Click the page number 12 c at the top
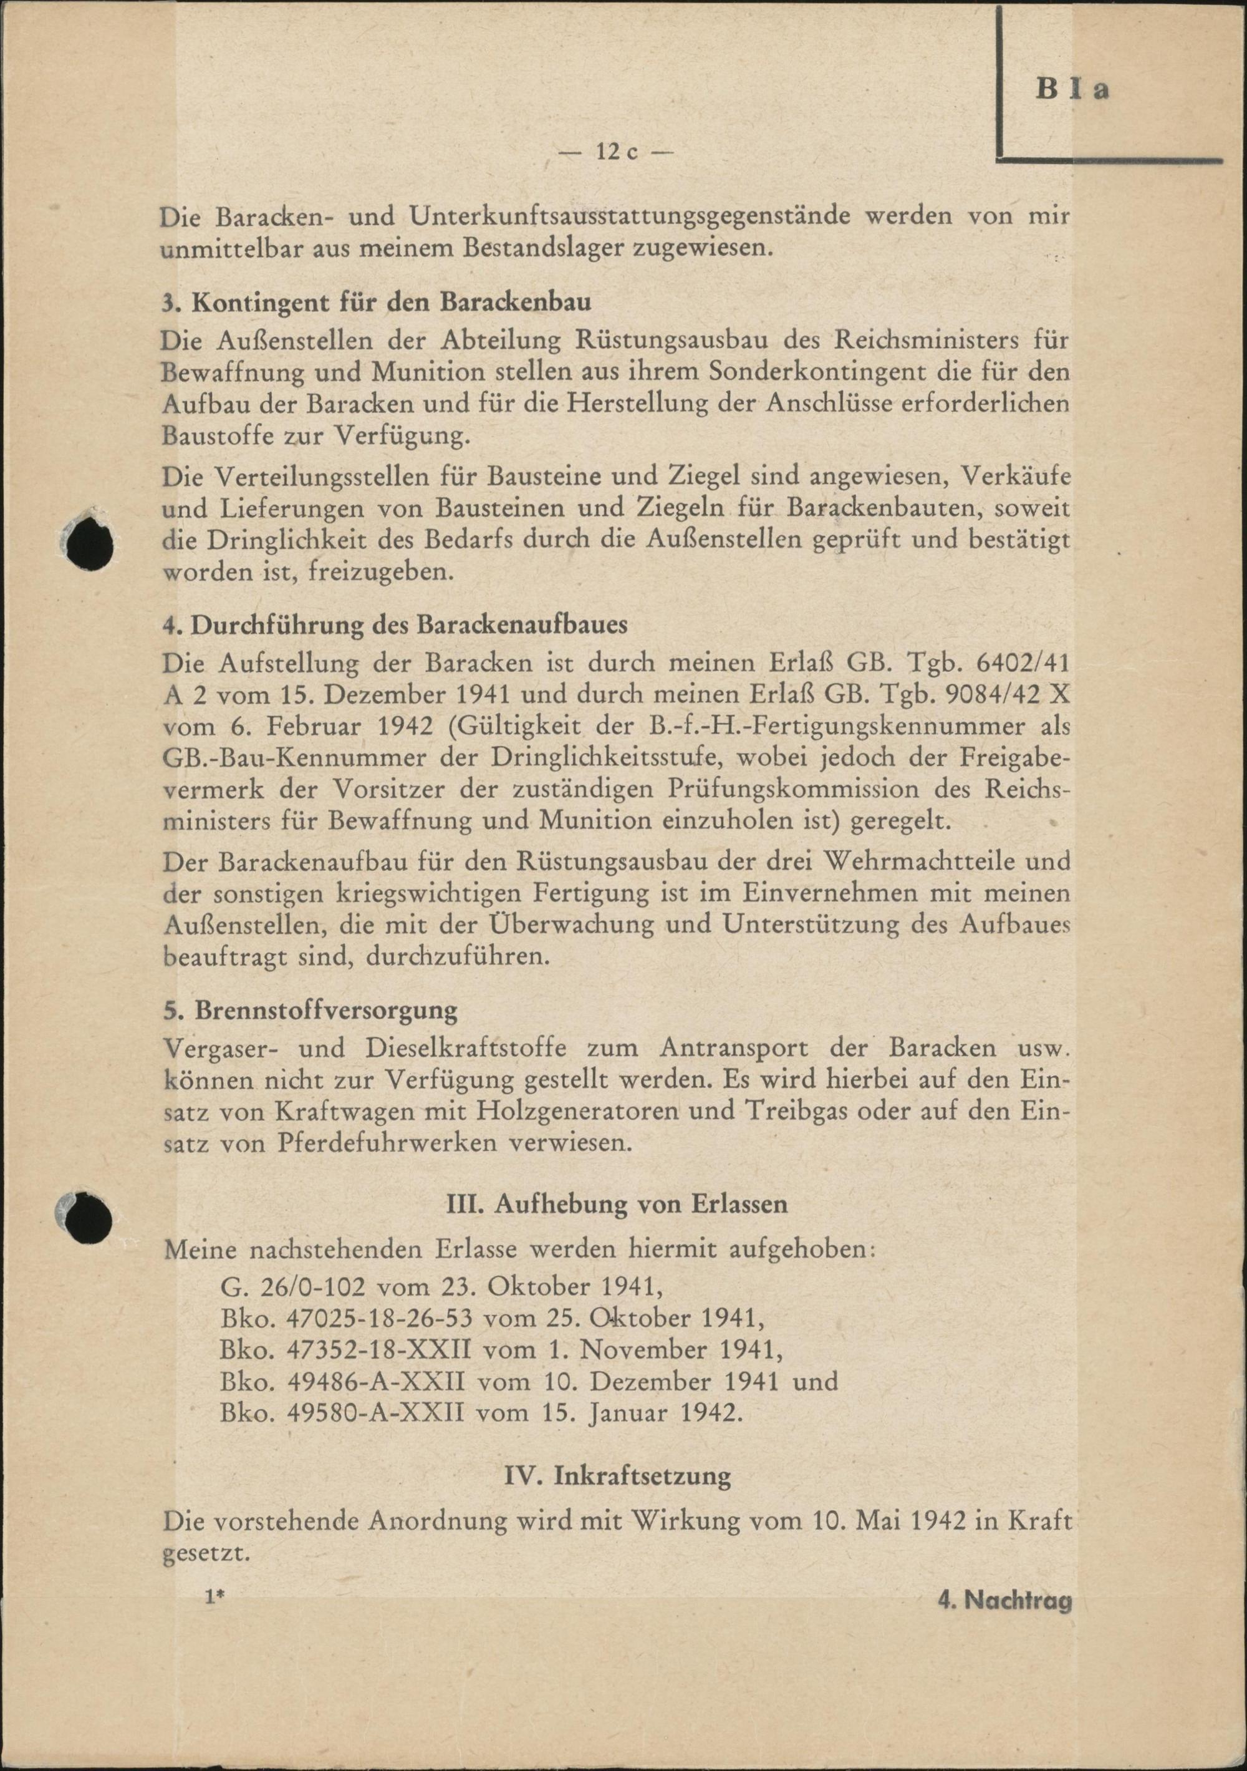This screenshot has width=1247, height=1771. pos(616,152)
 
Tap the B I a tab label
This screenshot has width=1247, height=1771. pos(1071,89)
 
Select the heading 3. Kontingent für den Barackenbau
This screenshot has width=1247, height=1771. pos(377,301)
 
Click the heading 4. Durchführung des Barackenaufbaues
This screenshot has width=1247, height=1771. pos(394,625)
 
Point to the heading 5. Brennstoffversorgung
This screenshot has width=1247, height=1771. pos(310,1009)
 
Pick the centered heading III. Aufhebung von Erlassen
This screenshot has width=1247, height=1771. pos(617,1204)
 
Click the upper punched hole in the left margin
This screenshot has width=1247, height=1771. pos(89,545)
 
